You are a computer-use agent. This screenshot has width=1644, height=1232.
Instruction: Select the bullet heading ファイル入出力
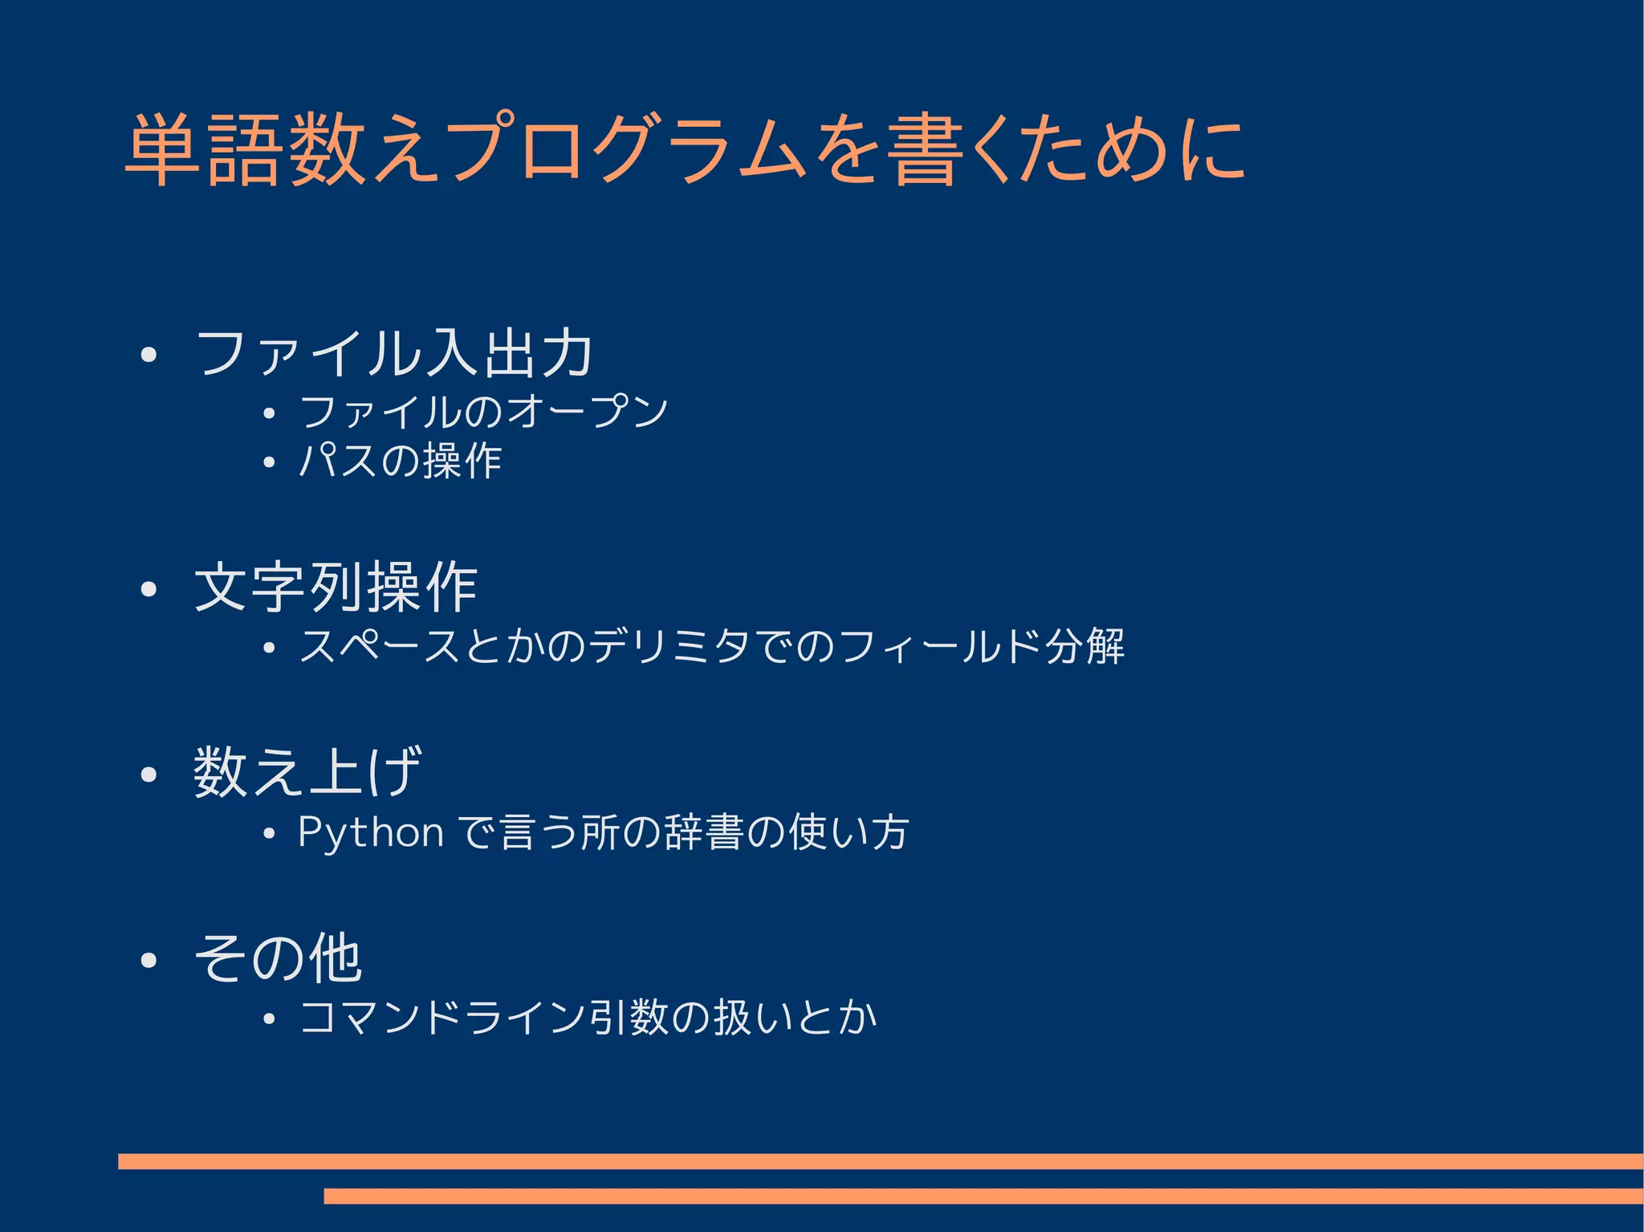click(x=393, y=353)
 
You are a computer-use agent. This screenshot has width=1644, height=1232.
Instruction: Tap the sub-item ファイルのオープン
click(x=483, y=412)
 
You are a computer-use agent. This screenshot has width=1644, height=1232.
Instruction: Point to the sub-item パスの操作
click(x=400, y=461)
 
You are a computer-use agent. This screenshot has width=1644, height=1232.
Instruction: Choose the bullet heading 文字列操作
click(x=336, y=588)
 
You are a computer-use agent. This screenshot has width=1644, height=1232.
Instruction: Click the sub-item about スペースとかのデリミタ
click(x=711, y=646)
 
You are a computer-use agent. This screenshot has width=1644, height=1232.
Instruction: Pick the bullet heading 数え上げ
click(x=307, y=772)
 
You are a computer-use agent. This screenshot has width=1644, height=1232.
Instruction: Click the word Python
click(x=370, y=832)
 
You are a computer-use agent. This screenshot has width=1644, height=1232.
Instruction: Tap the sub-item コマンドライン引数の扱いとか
click(x=588, y=1018)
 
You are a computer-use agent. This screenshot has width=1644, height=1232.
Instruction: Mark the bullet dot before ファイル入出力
click(x=148, y=356)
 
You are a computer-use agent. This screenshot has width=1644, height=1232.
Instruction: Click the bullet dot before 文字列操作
click(x=148, y=590)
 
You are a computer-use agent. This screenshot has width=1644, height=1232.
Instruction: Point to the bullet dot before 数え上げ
click(x=148, y=775)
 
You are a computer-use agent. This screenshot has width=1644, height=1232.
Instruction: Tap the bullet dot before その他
click(x=148, y=960)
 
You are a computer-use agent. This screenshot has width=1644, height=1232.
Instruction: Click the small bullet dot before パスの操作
click(x=269, y=463)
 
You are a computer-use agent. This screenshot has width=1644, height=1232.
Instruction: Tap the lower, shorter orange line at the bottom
click(x=983, y=1196)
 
